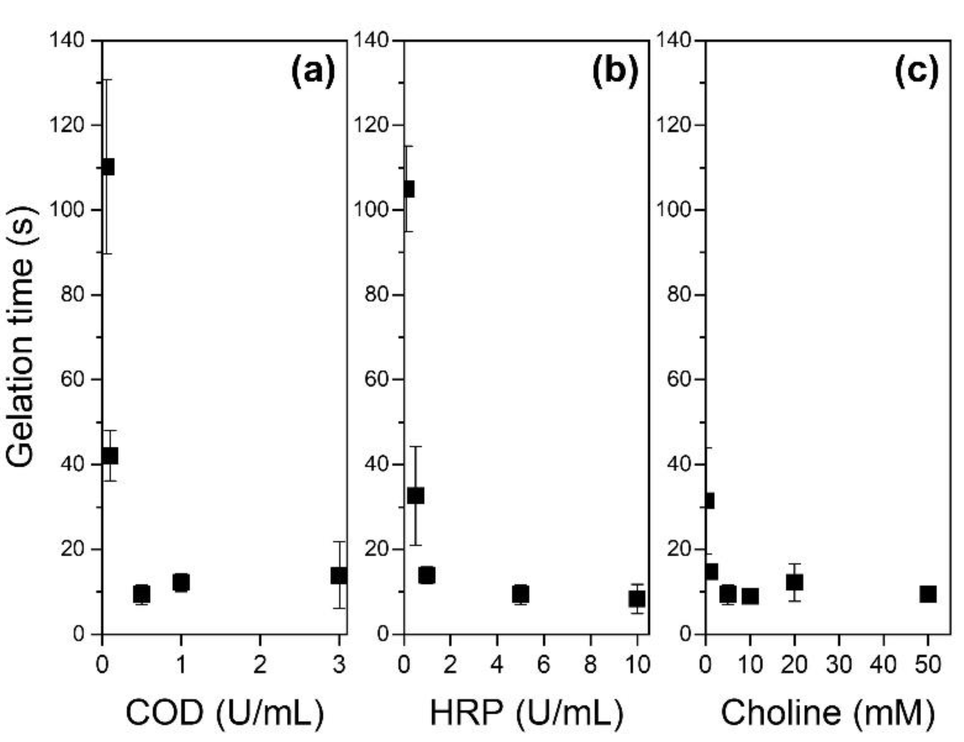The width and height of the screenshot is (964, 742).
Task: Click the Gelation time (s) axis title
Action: (21, 336)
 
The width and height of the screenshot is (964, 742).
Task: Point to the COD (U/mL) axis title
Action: (225, 713)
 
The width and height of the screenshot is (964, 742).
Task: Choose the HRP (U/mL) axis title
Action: (527, 713)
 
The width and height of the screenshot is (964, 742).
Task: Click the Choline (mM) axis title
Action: (828, 713)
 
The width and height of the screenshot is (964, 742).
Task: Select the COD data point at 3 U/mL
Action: (339, 576)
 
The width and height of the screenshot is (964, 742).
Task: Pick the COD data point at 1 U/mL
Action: (181, 582)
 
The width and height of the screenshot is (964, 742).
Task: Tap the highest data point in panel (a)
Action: (107, 167)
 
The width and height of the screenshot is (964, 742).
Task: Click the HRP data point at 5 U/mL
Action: (521, 593)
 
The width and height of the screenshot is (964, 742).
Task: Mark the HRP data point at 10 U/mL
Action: (637, 599)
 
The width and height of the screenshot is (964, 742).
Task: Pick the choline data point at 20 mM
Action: (795, 582)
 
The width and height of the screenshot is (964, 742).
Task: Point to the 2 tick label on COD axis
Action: (260, 665)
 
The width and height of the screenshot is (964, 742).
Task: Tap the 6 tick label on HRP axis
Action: (543, 665)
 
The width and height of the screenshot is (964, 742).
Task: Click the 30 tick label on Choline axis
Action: (839, 665)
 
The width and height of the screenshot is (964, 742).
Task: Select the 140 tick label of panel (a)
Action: (67, 40)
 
